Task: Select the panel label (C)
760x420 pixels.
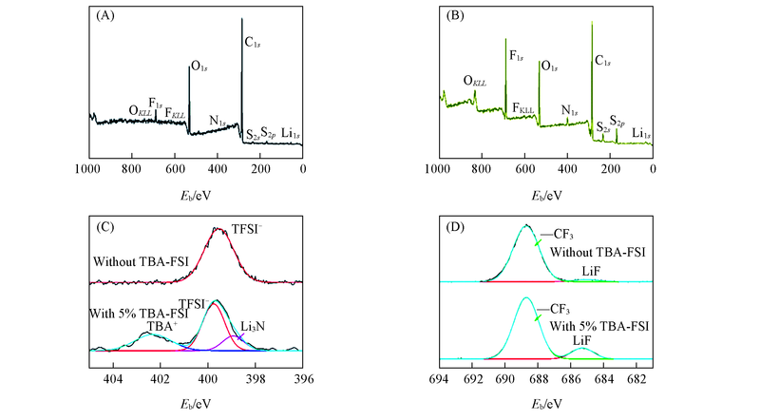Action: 106,228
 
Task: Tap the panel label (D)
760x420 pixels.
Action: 456,228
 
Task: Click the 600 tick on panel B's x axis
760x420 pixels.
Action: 522,169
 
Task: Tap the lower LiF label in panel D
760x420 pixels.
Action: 583,339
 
